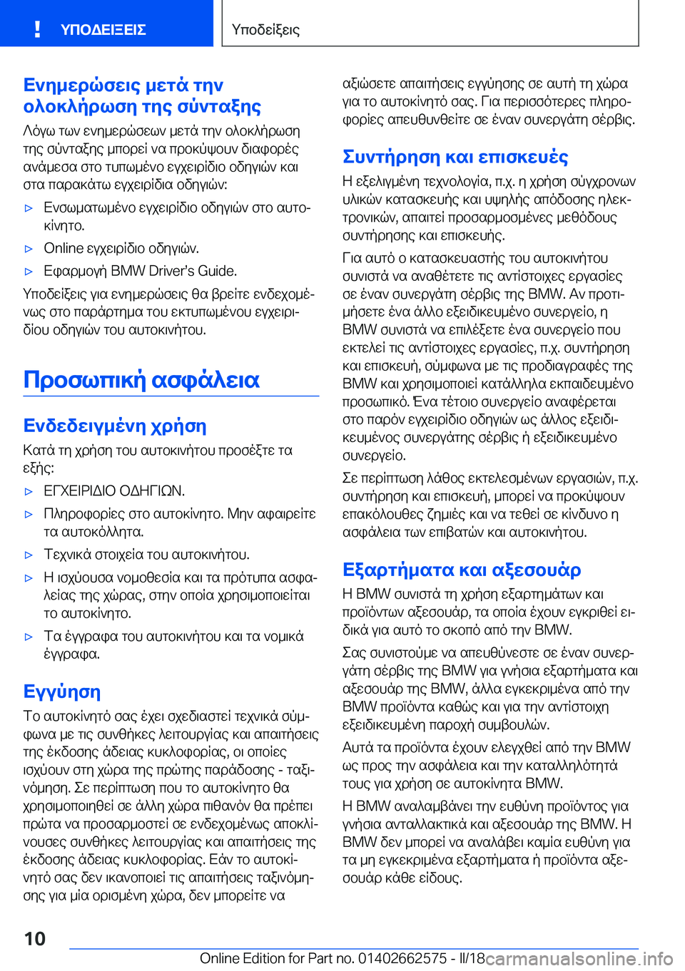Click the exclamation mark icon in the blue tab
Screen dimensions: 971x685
coord(37,29)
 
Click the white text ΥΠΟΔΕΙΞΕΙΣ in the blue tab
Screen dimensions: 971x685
coord(103,30)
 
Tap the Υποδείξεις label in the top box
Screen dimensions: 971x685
coord(265,30)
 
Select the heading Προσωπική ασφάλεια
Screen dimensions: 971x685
coord(141,379)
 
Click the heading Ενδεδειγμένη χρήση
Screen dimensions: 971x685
coord(115,426)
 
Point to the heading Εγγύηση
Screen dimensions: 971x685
coord(62,692)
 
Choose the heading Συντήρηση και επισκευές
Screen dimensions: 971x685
coord(455,157)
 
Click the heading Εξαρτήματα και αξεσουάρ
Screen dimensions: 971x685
coord(462,570)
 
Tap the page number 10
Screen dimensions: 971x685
coord(35,938)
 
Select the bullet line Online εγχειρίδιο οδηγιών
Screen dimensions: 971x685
coord(121,248)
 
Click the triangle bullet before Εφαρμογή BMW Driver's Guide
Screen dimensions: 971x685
coord(29,272)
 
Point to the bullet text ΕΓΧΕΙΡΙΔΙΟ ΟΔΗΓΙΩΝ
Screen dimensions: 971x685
coord(114,490)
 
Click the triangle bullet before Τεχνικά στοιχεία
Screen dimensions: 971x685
coord(29,555)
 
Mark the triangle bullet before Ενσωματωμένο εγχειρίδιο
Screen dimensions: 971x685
coord(29,209)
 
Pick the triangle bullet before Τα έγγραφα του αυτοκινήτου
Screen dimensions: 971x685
coord(29,637)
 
